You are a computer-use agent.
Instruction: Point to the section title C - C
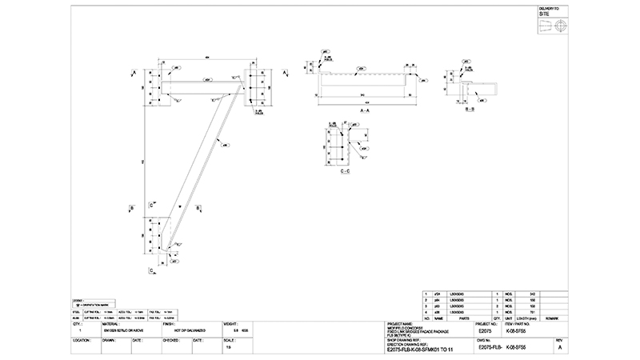pos(345,172)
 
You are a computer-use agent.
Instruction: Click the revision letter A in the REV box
pos(560,348)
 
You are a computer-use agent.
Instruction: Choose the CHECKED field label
pos(170,339)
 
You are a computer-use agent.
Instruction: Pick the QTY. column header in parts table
pos(498,317)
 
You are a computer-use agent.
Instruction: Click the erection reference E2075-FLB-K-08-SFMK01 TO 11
pos(419,350)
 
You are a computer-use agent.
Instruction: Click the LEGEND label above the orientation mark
pos(77,301)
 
